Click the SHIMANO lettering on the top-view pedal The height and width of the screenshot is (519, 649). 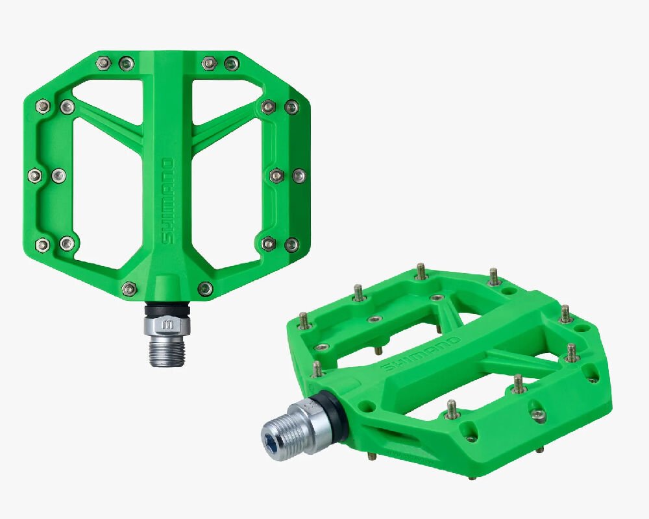(167, 201)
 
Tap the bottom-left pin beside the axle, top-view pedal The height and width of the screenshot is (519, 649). (129, 288)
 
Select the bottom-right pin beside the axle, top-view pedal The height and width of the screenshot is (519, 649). (205, 288)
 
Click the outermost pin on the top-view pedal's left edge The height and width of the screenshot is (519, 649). (36, 175)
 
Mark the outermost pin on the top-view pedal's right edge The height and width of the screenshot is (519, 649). (299, 175)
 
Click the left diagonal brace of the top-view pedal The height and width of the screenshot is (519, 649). (110, 120)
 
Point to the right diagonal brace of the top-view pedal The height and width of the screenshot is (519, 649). (224, 120)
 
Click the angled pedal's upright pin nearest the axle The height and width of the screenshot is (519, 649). (317, 370)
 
